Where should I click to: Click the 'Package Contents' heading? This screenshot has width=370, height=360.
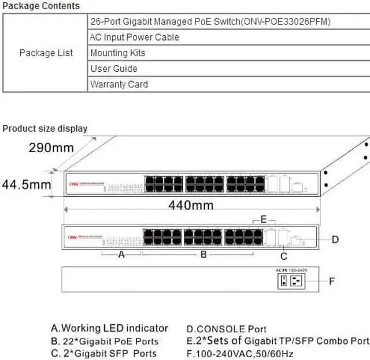(x=41, y=6)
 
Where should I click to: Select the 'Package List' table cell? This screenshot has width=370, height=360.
(x=46, y=53)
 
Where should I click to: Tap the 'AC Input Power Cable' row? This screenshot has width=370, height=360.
(x=135, y=38)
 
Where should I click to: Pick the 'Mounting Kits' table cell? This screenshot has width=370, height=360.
(x=118, y=53)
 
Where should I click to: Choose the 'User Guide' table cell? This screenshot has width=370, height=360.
(x=114, y=69)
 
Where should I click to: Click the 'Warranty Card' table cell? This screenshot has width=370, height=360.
(x=119, y=85)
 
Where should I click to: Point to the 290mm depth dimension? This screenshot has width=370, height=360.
(x=51, y=148)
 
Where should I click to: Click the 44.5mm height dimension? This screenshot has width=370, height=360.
(x=25, y=185)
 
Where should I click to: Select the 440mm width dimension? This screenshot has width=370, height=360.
(x=191, y=205)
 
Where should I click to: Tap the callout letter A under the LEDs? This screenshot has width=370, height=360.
(x=121, y=255)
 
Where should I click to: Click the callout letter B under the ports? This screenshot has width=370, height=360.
(x=203, y=255)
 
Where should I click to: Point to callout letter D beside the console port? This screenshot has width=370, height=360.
(x=335, y=239)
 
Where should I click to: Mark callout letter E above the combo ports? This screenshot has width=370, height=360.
(x=263, y=219)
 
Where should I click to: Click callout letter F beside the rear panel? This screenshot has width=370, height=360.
(x=332, y=282)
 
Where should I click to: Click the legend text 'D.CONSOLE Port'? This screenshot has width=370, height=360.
(x=227, y=329)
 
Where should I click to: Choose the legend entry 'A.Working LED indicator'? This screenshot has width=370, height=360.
(x=109, y=329)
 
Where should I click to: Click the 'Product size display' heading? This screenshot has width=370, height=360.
(x=45, y=128)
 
